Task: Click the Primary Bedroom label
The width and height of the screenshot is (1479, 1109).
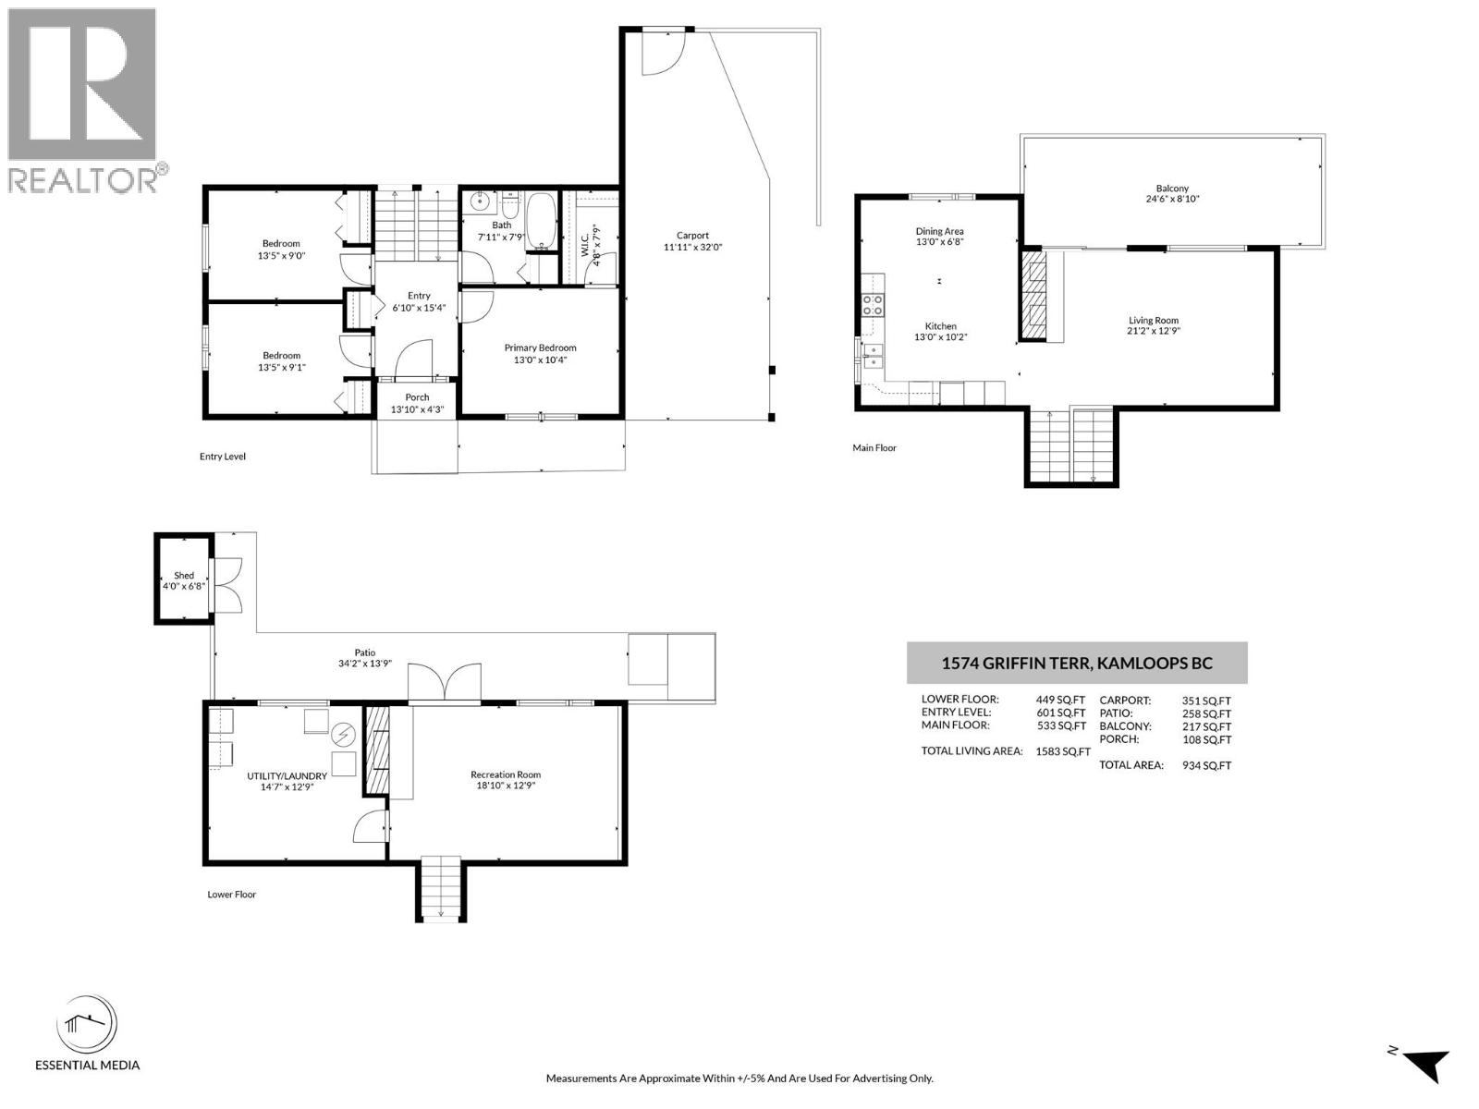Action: [x=540, y=347]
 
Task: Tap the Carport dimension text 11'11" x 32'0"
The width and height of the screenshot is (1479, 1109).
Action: [x=692, y=247]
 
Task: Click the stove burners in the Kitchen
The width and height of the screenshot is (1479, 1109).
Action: [x=872, y=305]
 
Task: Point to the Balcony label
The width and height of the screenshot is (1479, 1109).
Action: [x=1172, y=189]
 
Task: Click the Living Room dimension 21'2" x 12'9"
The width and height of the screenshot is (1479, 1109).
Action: [x=1153, y=331]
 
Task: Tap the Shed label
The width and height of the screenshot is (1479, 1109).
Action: [x=184, y=575]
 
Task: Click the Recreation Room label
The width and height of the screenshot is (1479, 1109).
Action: [x=505, y=774]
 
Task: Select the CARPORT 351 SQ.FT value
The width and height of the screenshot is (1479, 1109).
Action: [x=1206, y=701]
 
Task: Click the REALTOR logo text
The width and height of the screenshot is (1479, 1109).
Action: [x=82, y=179]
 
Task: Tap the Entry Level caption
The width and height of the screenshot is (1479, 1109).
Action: [x=223, y=457]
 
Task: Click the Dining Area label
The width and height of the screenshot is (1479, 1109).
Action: [x=939, y=231]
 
